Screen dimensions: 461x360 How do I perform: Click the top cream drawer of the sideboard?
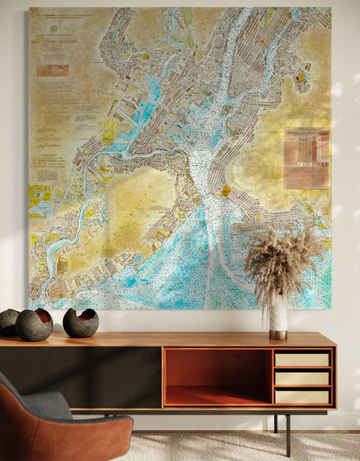click(303, 360)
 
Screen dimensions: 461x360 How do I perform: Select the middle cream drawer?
click(303, 378)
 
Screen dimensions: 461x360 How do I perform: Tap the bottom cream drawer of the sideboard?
click(303, 395)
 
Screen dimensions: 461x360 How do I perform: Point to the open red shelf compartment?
click(217, 376)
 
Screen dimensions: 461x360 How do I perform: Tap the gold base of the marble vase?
click(278, 335)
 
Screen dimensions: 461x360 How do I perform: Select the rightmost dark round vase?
click(80, 323)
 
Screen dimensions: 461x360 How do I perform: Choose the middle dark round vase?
click(34, 324)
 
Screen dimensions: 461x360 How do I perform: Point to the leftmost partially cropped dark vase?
click(7, 322)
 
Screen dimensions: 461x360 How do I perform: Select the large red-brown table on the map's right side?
click(306, 158)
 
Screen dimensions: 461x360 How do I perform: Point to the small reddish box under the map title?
click(52, 70)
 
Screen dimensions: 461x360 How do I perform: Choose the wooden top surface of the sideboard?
click(169, 339)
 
